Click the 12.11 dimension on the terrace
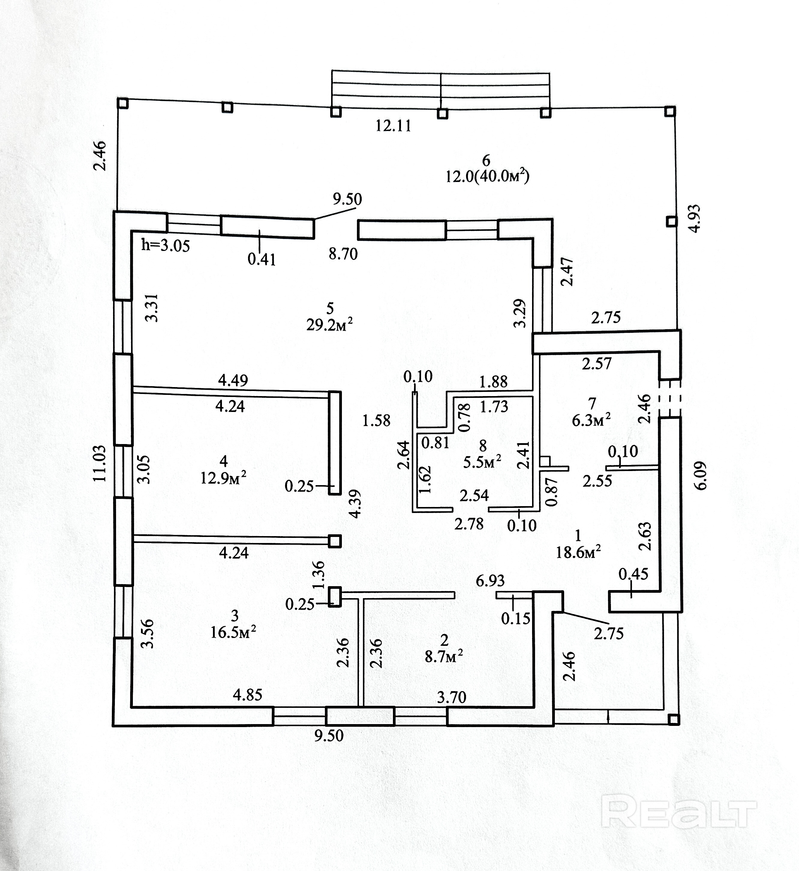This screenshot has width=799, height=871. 393,126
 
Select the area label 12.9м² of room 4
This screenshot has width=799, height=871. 223,479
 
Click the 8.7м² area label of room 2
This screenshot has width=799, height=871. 444,657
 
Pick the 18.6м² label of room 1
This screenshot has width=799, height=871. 578,552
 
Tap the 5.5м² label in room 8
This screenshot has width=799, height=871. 482,462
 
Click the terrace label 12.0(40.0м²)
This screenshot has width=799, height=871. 487,176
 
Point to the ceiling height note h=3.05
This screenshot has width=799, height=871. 166,246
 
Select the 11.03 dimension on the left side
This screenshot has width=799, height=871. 99,463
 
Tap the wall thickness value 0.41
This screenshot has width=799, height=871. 262,259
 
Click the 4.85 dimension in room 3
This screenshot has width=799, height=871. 248,695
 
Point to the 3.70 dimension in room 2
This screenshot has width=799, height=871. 452,697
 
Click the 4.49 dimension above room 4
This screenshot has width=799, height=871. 233,380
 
